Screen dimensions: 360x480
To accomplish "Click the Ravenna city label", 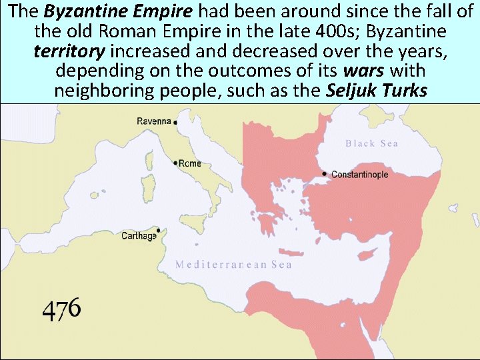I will tap(154, 121).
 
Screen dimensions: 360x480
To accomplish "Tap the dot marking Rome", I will tap(175, 163).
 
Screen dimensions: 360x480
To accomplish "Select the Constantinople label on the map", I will tap(359, 175).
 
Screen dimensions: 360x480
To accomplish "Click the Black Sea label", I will tap(371, 143).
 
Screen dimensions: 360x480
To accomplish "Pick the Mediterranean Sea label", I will tap(233, 264).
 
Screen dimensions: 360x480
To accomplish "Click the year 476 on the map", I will tap(61, 308).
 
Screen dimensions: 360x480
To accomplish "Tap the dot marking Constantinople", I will tap(325, 174).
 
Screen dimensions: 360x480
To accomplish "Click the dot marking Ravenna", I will tap(175, 123).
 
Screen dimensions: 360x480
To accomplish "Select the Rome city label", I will tap(190, 163).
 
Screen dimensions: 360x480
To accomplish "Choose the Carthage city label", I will tap(139, 236).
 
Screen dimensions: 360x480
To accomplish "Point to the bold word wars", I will tap(361, 70).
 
